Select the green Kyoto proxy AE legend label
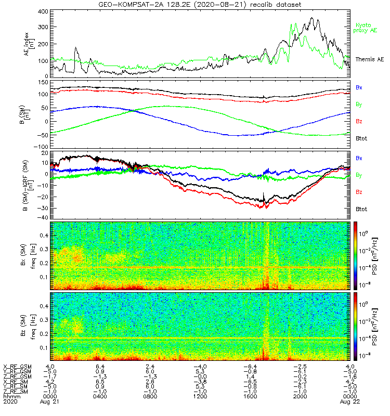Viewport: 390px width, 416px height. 366,28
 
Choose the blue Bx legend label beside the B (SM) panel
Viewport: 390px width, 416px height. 359,87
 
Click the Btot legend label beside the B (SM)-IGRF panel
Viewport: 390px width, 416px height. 361,209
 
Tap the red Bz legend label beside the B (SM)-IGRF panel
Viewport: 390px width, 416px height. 359,192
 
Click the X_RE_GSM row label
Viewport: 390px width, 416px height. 17,367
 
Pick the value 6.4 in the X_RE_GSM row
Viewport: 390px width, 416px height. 100,367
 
